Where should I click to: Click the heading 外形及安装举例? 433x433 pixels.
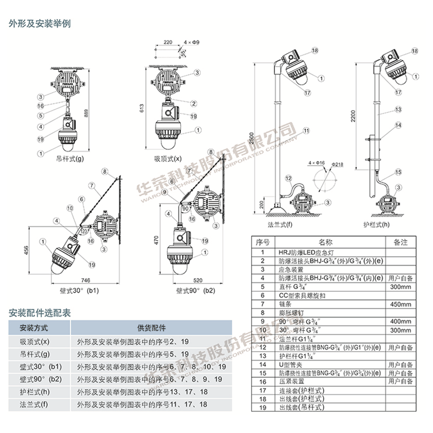click(x=40, y=24)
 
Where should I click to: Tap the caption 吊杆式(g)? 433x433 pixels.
click(x=70, y=160)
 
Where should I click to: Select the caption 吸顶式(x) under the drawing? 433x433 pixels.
click(x=168, y=159)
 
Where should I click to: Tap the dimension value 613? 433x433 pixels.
click(x=142, y=108)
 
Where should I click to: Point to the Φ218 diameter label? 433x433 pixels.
click(x=337, y=164)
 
